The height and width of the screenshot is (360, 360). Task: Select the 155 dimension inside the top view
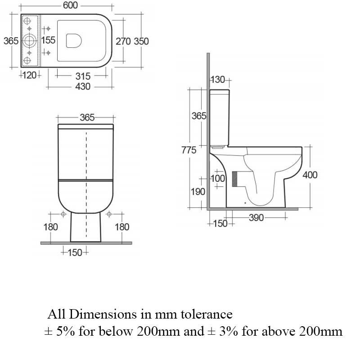[48, 40]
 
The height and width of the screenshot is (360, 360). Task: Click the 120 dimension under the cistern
[30, 75]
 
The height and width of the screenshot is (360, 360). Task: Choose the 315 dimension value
[83, 76]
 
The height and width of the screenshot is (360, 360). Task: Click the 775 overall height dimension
[189, 150]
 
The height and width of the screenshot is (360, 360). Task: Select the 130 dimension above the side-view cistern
[218, 80]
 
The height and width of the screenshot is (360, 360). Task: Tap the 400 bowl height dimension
[310, 175]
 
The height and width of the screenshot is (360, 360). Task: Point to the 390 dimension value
[256, 218]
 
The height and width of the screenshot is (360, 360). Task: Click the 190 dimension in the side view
[198, 192]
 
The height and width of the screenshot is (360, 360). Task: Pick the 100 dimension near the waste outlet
[218, 179]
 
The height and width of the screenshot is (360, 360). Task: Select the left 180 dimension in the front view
[50, 227]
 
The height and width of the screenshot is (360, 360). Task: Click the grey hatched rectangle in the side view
[234, 179]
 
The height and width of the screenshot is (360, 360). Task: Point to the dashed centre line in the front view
[86, 180]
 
